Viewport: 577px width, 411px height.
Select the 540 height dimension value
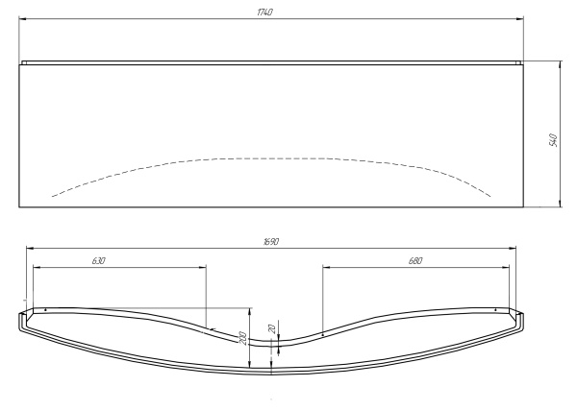553,139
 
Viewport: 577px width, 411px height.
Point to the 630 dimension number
99,260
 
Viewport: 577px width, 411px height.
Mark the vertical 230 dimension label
243,338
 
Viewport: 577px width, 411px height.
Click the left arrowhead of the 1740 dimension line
21,17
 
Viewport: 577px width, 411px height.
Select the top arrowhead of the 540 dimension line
560,64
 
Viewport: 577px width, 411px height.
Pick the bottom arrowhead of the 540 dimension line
560,205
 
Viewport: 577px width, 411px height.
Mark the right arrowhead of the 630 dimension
206,267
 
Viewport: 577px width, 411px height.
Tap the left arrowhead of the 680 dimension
323,267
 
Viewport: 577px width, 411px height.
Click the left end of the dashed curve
51,196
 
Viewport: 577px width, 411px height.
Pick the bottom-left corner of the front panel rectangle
19,207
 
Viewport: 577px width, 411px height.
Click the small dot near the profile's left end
45,309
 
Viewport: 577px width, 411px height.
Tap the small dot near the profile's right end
494,310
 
